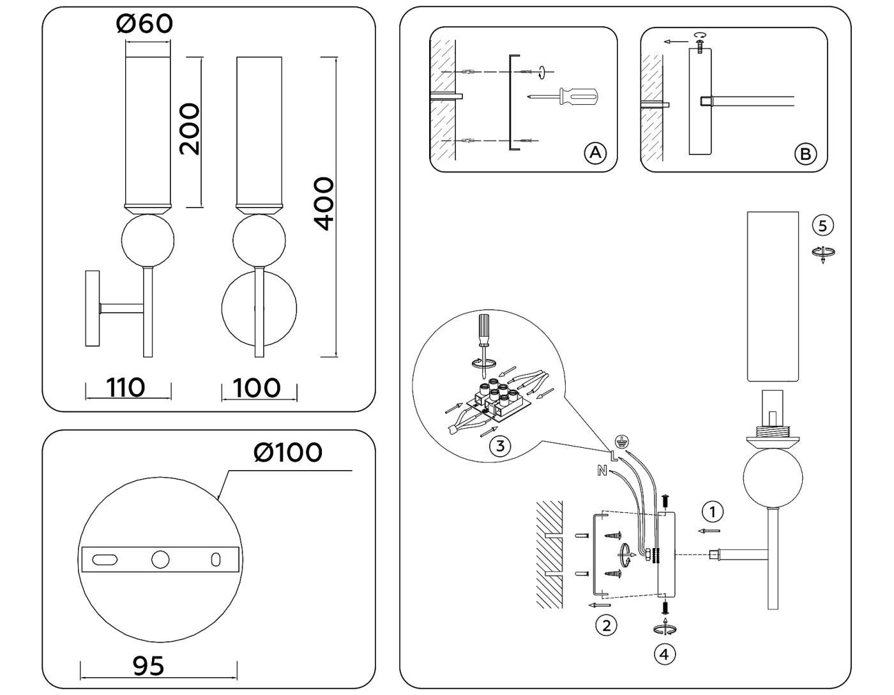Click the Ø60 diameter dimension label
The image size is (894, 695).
(x=144, y=24)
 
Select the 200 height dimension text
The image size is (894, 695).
(x=189, y=129)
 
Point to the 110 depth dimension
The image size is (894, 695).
(x=125, y=387)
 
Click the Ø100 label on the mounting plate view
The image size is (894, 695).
(x=287, y=452)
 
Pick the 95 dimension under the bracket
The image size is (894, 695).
(x=148, y=666)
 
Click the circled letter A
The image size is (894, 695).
(x=595, y=153)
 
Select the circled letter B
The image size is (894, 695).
(x=805, y=154)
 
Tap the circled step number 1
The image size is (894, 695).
(x=713, y=511)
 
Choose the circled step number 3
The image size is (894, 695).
(x=500, y=445)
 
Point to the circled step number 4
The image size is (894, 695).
(x=665, y=654)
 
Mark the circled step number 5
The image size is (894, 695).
(x=822, y=225)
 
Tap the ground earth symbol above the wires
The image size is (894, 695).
(x=619, y=441)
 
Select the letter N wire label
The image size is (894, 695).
(x=602, y=471)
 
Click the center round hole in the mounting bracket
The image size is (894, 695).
(x=160, y=560)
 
